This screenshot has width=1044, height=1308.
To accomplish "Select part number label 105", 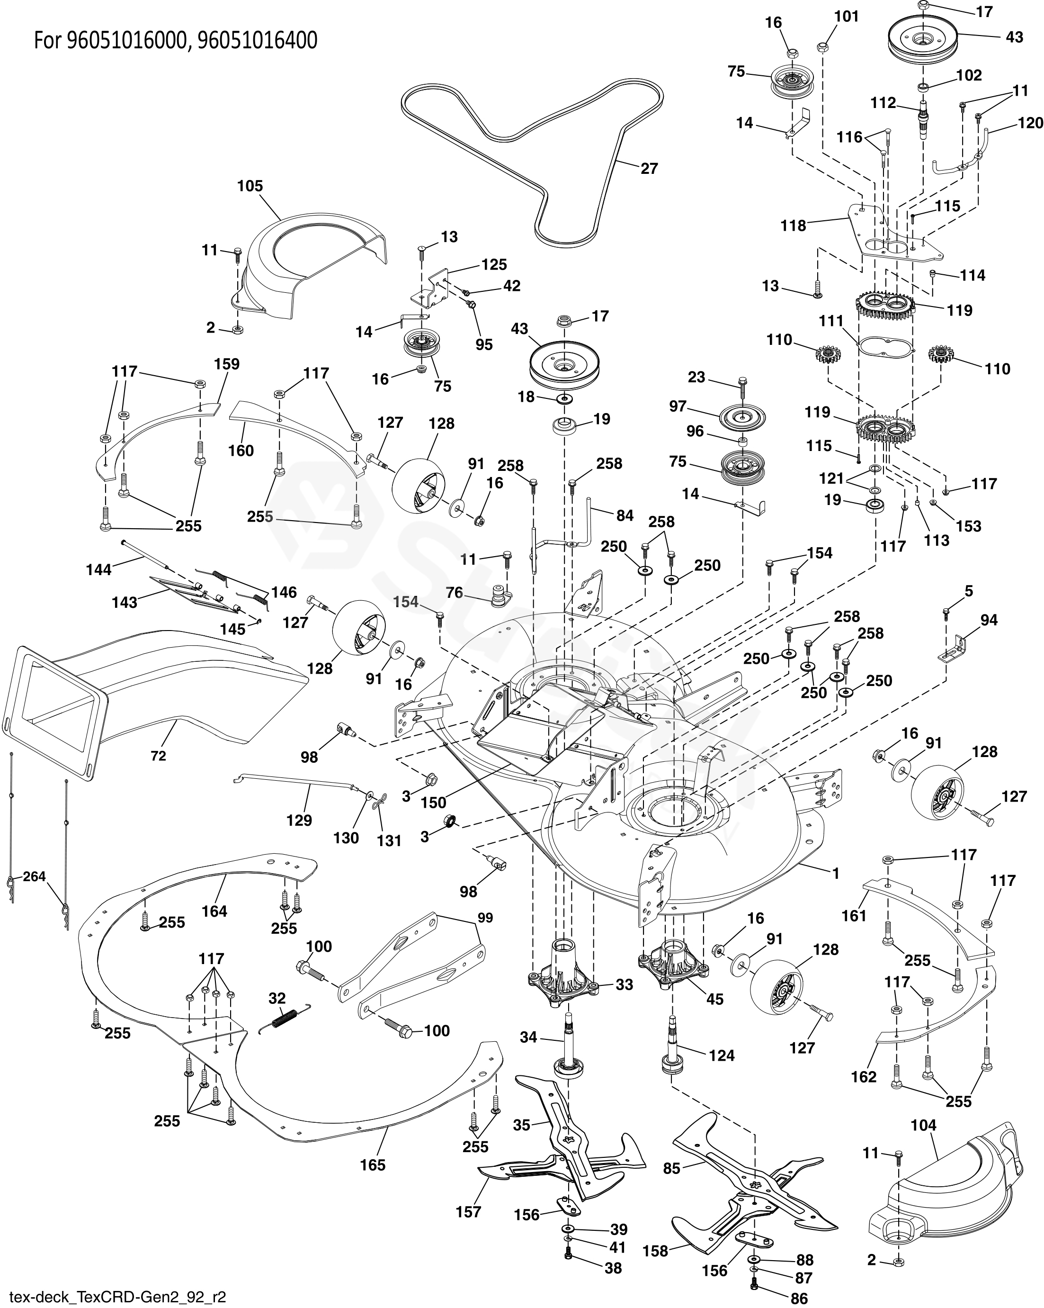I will coord(250,186).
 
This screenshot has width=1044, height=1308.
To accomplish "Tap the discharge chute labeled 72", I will coord(152,698).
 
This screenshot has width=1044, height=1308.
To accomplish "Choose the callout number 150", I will coord(434,803).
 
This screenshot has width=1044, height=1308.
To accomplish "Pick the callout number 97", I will coord(678,406).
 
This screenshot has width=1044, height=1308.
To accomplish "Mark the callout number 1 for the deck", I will coord(836,874).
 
